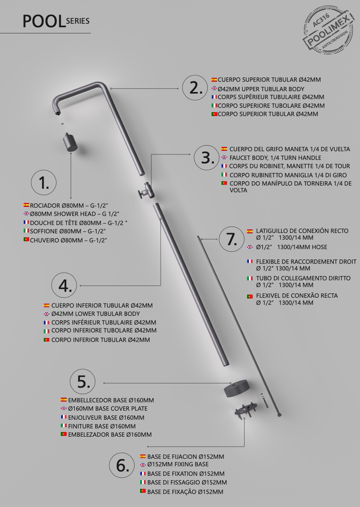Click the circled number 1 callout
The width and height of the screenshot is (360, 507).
click(x=44, y=182)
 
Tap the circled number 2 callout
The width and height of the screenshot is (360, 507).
click(x=195, y=88)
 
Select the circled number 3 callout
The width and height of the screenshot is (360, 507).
click(x=206, y=158)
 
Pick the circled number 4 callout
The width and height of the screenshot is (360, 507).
click(x=64, y=285)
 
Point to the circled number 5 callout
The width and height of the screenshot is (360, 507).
click(x=82, y=381)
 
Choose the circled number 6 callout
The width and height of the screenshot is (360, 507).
click(x=122, y=465)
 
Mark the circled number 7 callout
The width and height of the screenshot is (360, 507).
click(x=232, y=239)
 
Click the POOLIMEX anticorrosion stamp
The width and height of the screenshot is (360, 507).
click(x=328, y=30)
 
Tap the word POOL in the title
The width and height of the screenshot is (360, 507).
click(x=44, y=21)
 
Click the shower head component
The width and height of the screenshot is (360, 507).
click(x=70, y=142)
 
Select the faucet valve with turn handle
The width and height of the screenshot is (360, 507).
click(x=146, y=191)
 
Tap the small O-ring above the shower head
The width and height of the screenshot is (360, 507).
click(x=62, y=124)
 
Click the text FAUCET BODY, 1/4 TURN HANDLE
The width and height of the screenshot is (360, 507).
click(x=275, y=158)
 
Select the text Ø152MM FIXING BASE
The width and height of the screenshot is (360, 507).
click(x=178, y=464)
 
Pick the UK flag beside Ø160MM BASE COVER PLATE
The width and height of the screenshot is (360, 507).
click(x=64, y=408)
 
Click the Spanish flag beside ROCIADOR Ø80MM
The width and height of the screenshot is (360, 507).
click(x=26, y=205)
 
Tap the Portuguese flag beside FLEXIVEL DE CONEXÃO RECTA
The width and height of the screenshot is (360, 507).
click(x=250, y=296)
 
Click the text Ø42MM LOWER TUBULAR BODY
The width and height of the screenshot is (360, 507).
click(x=96, y=314)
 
